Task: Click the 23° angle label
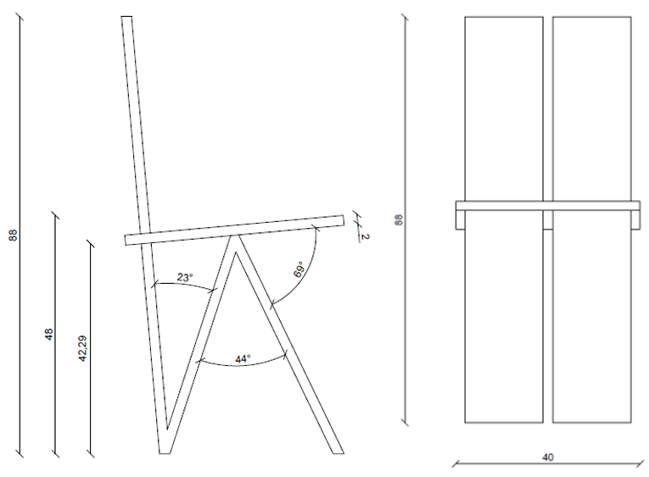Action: point(185,277)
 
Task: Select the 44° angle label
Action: point(243,358)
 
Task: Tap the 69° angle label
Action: point(299,269)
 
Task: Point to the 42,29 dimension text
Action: point(82,349)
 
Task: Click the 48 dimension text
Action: point(48,334)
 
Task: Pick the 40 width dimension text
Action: point(547,458)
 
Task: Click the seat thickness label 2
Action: point(365,237)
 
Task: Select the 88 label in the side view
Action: point(14,236)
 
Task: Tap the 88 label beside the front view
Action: point(399,219)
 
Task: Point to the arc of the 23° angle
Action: point(184,285)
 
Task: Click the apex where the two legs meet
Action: point(238,236)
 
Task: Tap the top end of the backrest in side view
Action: point(126,17)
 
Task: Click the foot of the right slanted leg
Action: point(338,453)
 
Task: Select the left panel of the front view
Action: point(504,219)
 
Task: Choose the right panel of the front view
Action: point(592,219)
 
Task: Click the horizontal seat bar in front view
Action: point(548,206)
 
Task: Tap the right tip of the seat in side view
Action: point(344,220)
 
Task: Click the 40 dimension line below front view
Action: point(547,463)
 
